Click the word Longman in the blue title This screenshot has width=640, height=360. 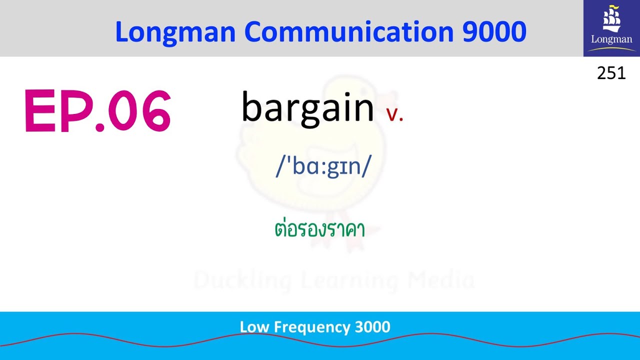coord(175,32)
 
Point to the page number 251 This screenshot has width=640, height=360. coord(611,73)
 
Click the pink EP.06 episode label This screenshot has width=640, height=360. coord(97,111)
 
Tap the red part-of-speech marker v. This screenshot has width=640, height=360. coord(394,114)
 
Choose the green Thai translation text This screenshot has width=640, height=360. coord(320,230)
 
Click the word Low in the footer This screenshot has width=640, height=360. coord(252,327)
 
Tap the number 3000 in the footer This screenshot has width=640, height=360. coord(372,327)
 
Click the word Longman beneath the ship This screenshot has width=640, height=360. coord(611,39)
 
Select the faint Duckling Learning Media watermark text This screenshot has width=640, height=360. coord(334,280)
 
